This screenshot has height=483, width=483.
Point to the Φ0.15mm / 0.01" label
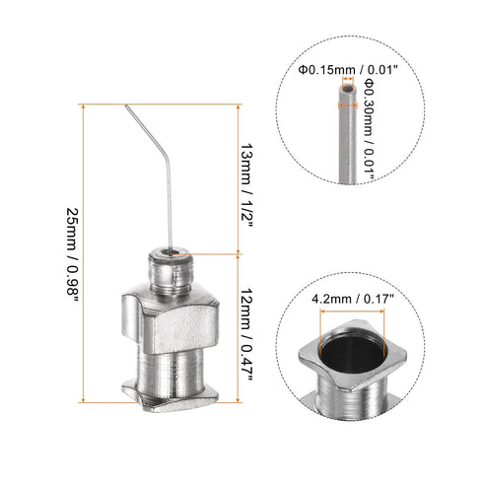point(341,70)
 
